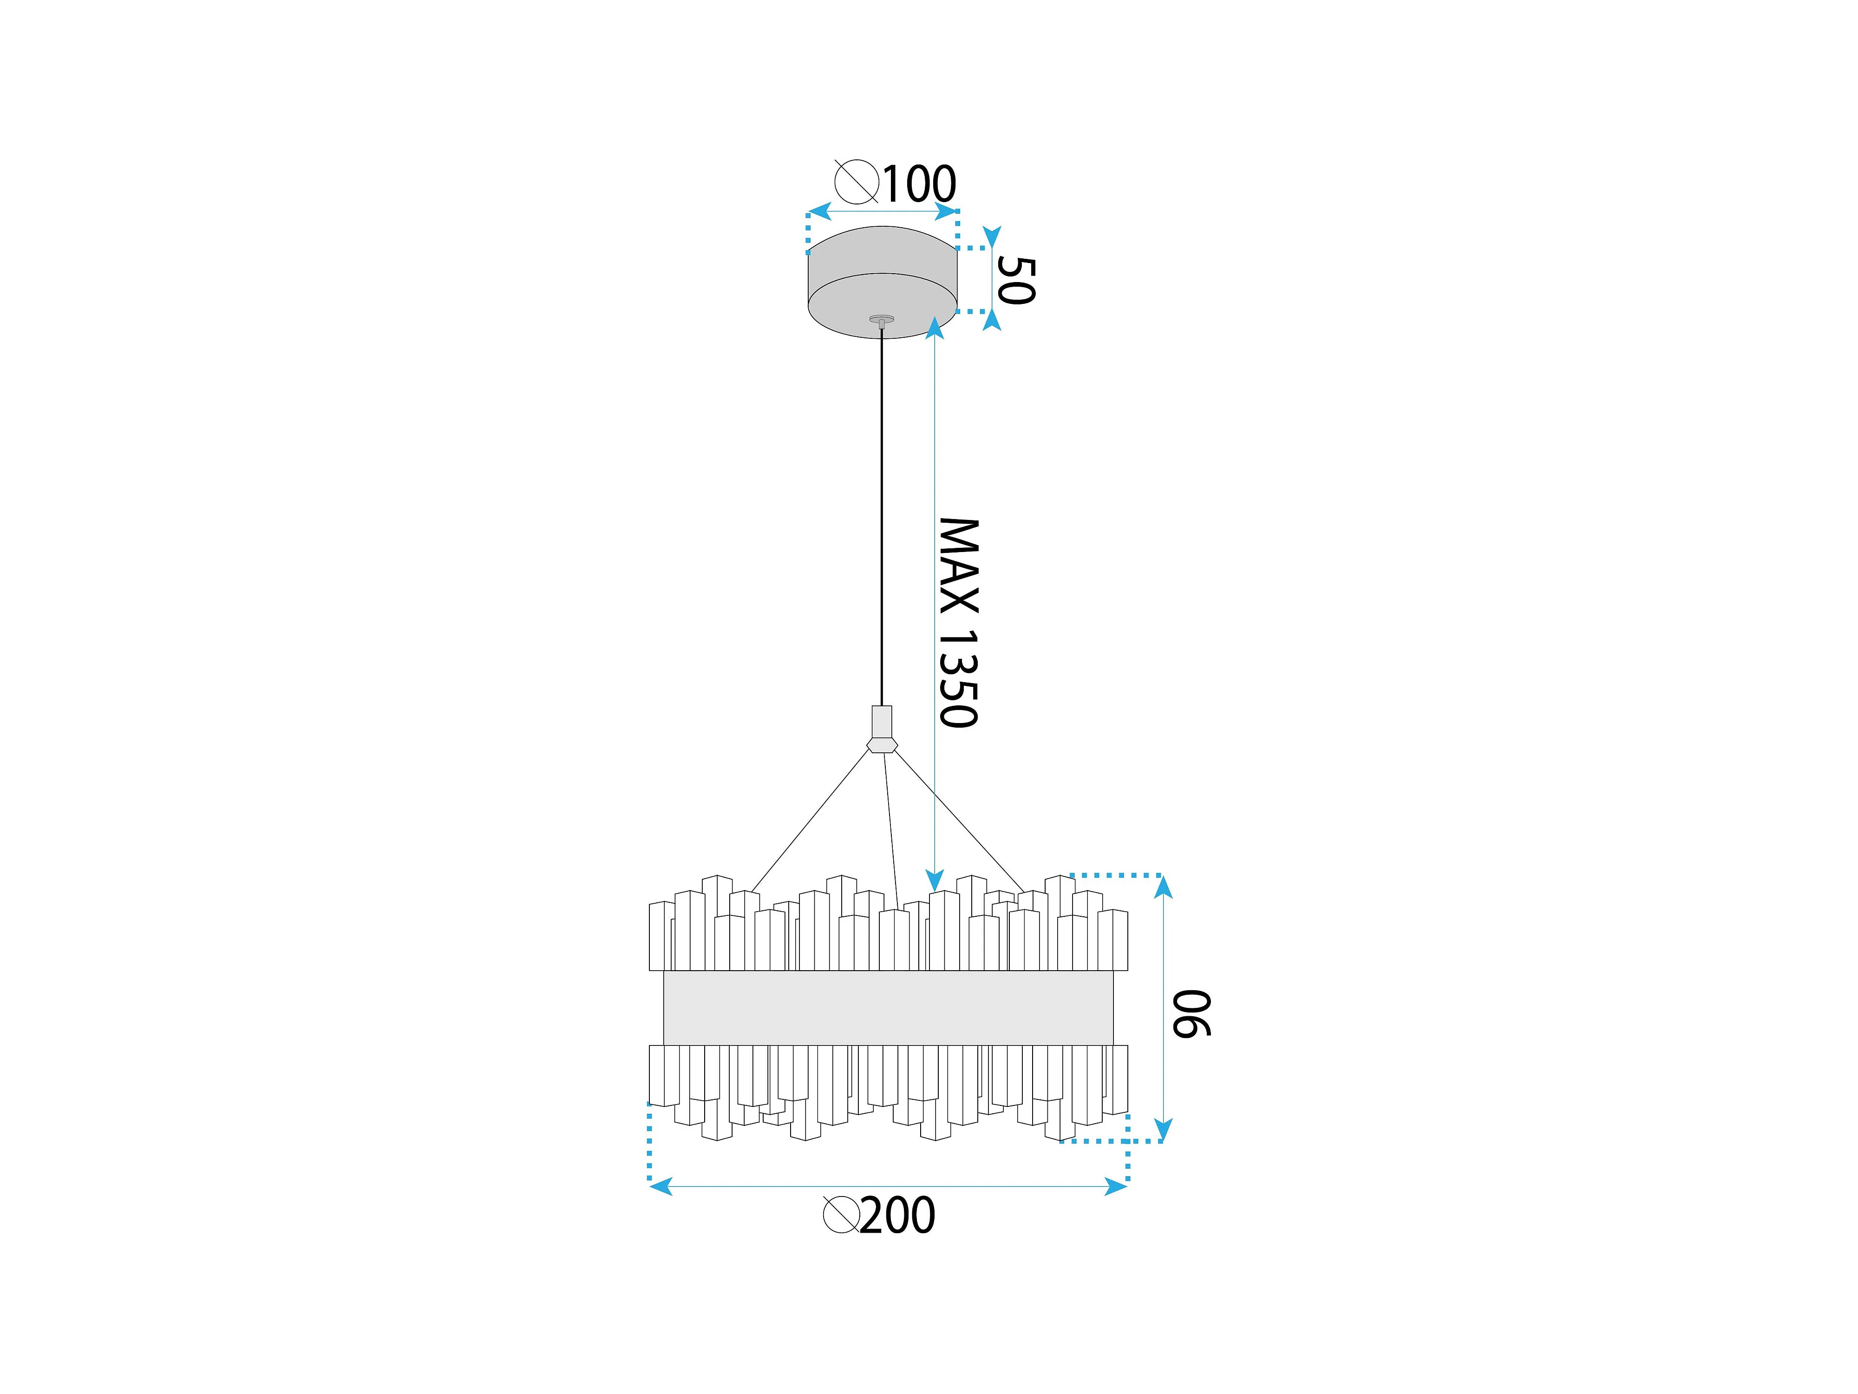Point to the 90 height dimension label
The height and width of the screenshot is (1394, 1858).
pyautogui.click(x=1191, y=1014)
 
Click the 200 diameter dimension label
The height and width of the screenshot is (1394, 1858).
pyautogui.click(x=897, y=1216)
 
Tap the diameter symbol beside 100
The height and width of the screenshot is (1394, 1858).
pyautogui.click(x=856, y=182)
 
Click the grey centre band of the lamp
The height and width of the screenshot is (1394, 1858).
pyautogui.click(x=888, y=1008)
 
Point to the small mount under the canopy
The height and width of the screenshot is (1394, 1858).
pyautogui.click(x=882, y=319)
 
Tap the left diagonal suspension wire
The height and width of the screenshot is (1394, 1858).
pyautogui.click(x=811, y=821)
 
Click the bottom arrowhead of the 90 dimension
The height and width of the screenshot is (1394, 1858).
pyautogui.click(x=1163, y=1130)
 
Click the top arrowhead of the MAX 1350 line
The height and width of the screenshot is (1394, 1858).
pyautogui.click(x=935, y=328)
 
